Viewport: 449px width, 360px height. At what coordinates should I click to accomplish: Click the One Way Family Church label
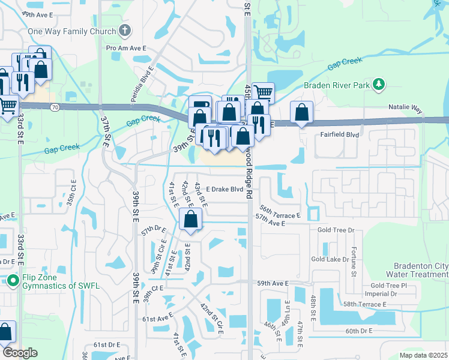(x=72, y=31)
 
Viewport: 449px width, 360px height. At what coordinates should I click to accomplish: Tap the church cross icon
(x=125, y=31)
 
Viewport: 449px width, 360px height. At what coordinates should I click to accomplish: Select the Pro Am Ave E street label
(x=126, y=48)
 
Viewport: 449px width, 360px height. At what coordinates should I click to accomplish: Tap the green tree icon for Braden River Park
(x=378, y=85)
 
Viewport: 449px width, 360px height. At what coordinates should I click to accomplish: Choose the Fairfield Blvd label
(x=339, y=135)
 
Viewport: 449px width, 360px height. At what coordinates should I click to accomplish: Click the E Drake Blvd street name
(x=224, y=189)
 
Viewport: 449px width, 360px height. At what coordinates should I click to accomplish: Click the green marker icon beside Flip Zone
(x=13, y=280)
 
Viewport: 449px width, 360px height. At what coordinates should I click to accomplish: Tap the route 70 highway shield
(x=55, y=107)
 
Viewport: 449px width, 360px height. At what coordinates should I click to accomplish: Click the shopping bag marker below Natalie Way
(x=301, y=112)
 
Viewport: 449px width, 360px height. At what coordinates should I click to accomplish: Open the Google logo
(x=20, y=352)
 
